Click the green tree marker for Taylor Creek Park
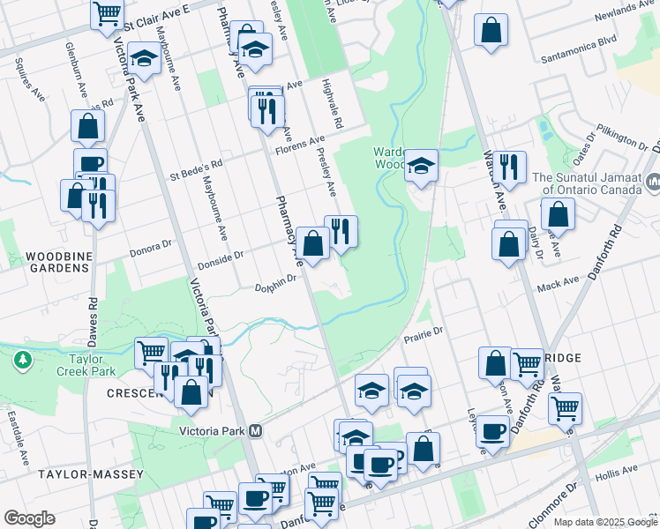pos(22,360)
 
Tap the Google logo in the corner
pos(28,518)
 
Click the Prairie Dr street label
pos(422,336)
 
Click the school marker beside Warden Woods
pos(422,165)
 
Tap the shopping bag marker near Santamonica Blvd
pos(491,31)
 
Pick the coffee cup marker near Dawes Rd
pos(90,163)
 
